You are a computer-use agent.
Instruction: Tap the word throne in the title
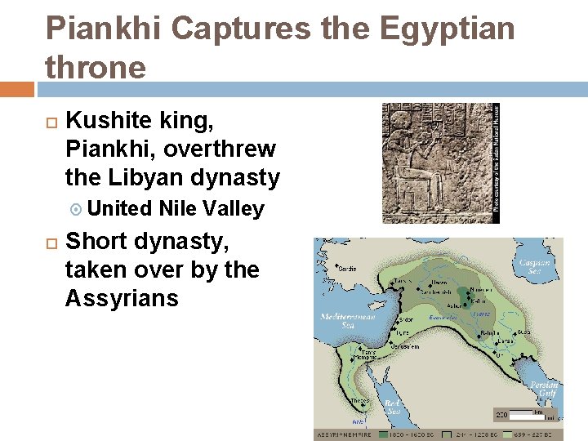tap(96, 67)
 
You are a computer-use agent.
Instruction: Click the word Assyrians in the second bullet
tap(121, 298)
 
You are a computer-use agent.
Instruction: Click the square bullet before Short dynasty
tap(51, 243)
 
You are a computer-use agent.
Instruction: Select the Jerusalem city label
tap(411, 346)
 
